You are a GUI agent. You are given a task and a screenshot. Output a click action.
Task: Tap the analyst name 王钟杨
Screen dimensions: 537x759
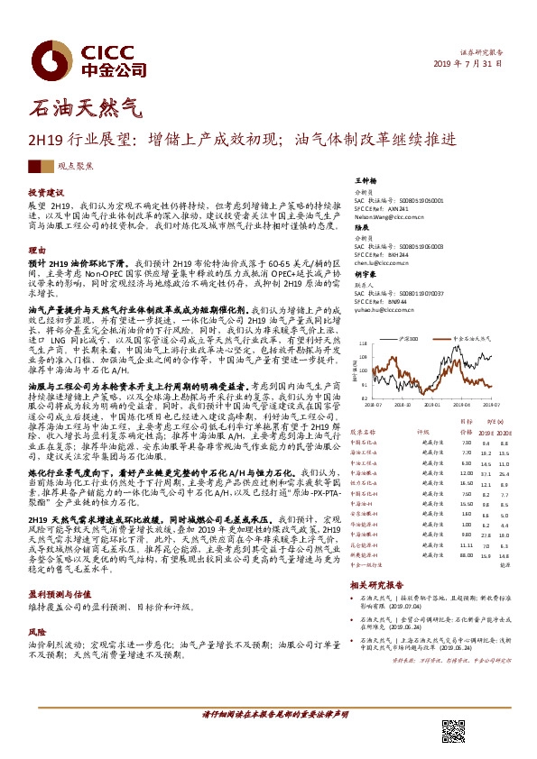pos(364,181)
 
